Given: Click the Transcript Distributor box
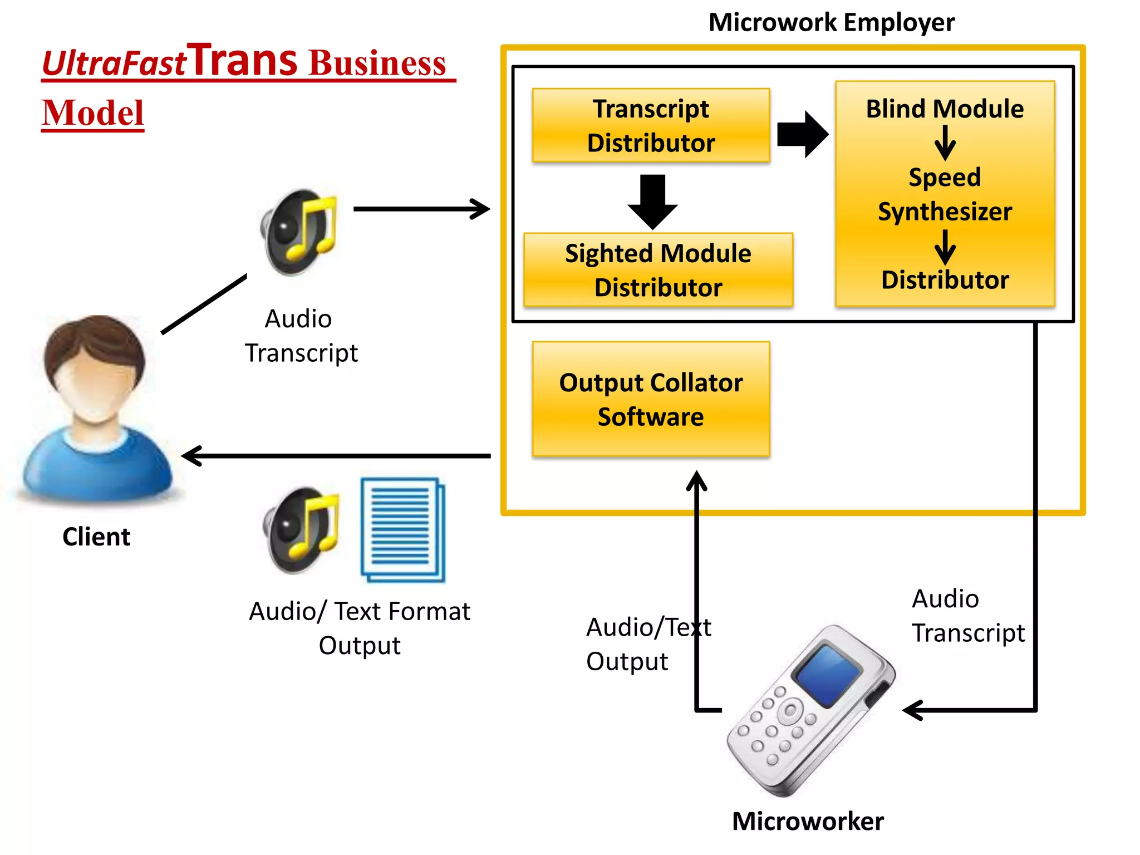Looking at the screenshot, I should coord(651,125).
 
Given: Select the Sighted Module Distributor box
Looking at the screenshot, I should coord(658,270).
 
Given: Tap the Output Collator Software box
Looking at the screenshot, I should coord(651,399).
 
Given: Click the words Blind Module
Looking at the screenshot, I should coord(945,109).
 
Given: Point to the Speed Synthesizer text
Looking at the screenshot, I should coord(945,194).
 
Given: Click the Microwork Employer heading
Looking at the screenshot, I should coord(831,23).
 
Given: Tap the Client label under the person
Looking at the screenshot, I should coord(96,537).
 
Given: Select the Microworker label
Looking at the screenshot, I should coord(808,822).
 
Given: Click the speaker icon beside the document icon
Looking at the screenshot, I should coord(301,530).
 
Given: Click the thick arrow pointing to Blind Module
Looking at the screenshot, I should coord(802,134).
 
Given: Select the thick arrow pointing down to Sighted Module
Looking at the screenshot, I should coord(652,202).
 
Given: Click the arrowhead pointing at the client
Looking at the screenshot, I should coord(192,456).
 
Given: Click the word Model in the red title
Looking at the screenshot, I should coord(93,113).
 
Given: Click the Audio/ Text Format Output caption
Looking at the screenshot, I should coord(360,628).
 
